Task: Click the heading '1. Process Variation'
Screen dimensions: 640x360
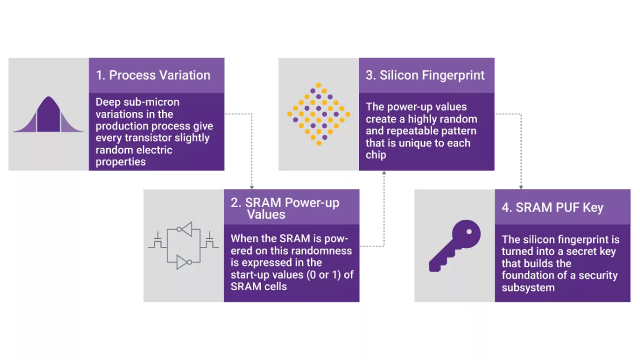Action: pyautogui.click(x=153, y=75)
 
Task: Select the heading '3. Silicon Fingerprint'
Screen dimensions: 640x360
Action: pyautogui.click(x=425, y=75)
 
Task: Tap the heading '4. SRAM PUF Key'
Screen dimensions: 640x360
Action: pyautogui.click(x=553, y=207)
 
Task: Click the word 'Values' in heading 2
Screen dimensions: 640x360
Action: pyautogui.click(x=266, y=214)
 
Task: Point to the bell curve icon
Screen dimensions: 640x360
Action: pyautogui.click(x=48, y=115)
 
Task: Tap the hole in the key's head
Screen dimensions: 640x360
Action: pyautogui.click(x=469, y=232)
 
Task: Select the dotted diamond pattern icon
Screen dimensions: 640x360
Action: pyautogui.click(x=319, y=114)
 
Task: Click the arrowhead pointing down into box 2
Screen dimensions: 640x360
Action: pyautogui.click(x=252, y=187)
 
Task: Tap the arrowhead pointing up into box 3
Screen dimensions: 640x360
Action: pyautogui.click(x=384, y=173)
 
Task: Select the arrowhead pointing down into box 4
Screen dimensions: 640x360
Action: pyautogui.click(x=521, y=187)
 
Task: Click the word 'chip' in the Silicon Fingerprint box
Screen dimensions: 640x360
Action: pyautogui.click(x=376, y=156)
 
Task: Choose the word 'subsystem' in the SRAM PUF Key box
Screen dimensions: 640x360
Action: pyautogui.click(x=528, y=288)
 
